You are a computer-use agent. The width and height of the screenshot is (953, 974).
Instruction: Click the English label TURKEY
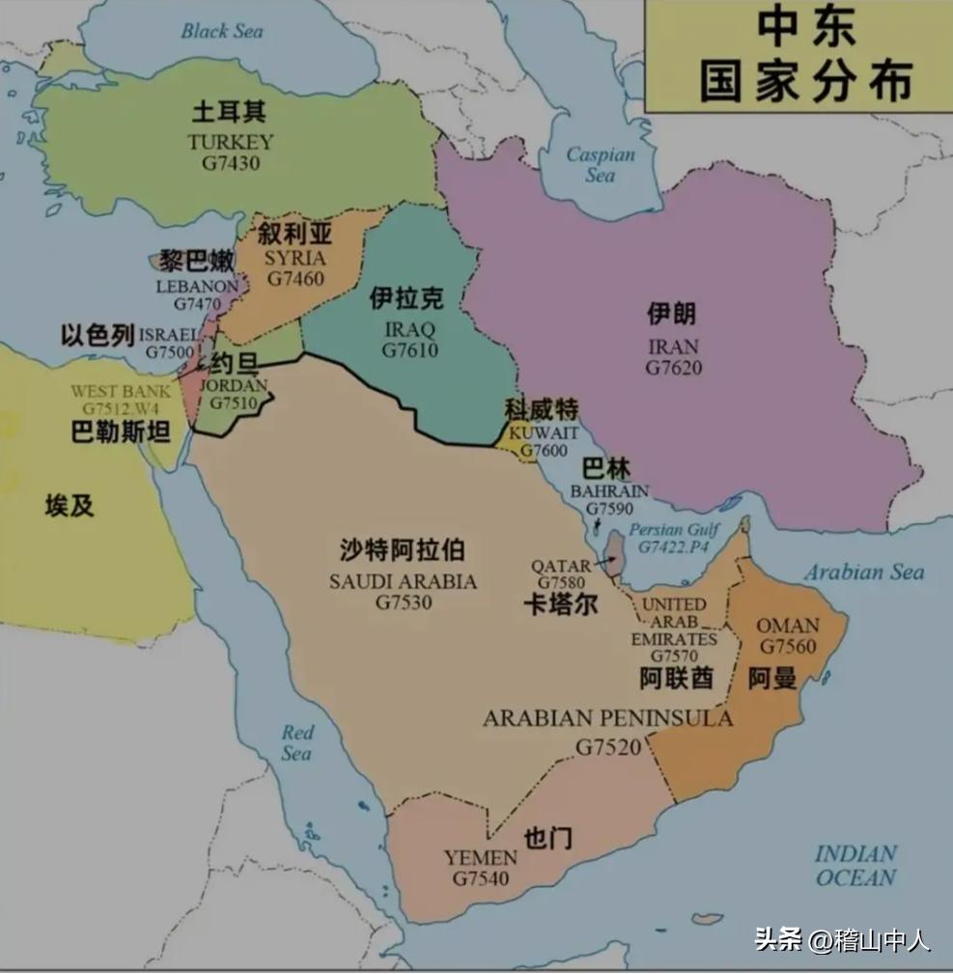(x=231, y=142)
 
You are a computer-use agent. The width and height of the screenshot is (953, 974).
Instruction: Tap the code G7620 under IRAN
(x=674, y=367)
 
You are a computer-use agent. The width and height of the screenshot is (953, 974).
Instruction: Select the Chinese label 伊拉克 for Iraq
(x=406, y=299)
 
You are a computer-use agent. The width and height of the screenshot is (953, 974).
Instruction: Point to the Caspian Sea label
(x=601, y=164)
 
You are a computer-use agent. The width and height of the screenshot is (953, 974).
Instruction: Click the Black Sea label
(x=222, y=31)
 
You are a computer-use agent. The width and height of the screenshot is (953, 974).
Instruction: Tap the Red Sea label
(x=297, y=742)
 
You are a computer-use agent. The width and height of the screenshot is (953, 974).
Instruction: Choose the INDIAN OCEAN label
(x=855, y=866)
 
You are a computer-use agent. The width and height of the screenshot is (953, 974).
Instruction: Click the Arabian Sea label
(x=864, y=572)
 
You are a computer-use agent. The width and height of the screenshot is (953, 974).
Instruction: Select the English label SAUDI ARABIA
(x=403, y=581)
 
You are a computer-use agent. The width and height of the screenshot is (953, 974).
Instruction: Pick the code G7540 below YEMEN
(x=481, y=878)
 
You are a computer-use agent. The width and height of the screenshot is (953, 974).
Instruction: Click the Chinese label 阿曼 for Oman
(x=772, y=679)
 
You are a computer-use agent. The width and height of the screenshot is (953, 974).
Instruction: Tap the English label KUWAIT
(x=545, y=431)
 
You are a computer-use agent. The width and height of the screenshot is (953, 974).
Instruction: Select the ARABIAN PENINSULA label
(x=607, y=718)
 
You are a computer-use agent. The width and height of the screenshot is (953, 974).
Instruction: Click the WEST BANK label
(x=120, y=392)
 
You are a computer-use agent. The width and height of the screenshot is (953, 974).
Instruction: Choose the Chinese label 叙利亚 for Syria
(x=295, y=234)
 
